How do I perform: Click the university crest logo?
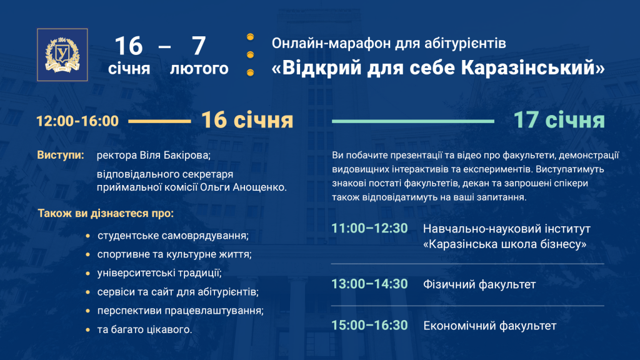[x=62, y=55]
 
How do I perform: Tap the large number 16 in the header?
[x=129, y=46]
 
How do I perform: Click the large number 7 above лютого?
[x=199, y=46]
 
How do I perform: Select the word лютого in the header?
[x=199, y=69]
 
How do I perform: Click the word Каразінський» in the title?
[x=533, y=67]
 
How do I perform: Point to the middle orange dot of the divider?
[x=250, y=55]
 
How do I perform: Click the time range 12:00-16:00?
[x=77, y=121]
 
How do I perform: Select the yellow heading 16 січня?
[x=247, y=120]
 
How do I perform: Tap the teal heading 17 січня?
[x=559, y=120]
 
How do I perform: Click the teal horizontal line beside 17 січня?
[x=413, y=121]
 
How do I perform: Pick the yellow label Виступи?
[x=61, y=155]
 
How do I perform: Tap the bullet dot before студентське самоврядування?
[x=87, y=236]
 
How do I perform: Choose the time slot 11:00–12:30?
[x=369, y=229]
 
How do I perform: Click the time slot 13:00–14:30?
[x=369, y=284]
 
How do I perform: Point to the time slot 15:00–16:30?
[x=369, y=325]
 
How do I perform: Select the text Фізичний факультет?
[x=479, y=284]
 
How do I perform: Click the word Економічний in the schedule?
[x=459, y=326]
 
